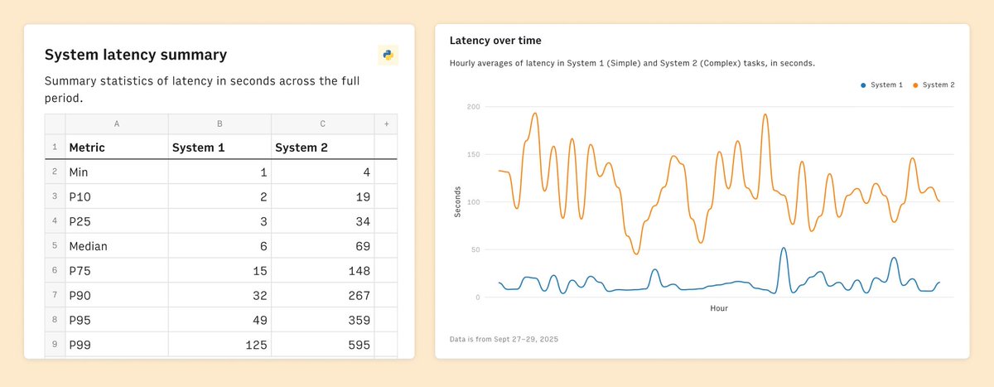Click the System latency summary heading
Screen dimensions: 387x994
point(135,56)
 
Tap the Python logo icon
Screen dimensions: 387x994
point(387,56)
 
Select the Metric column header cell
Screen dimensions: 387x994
point(87,148)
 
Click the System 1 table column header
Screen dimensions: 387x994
point(198,148)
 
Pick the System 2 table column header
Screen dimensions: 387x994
point(301,148)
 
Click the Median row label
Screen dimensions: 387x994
point(88,246)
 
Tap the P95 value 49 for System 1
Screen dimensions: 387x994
point(258,321)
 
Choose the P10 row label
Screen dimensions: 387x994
point(80,196)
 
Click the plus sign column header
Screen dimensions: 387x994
point(385,123)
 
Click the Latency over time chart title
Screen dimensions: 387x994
point(495,40)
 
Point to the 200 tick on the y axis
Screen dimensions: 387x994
point(473,107)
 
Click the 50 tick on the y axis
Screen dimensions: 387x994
point(475,249)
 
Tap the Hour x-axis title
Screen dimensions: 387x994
point(719,308)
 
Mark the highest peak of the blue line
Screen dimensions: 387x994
point(784,248)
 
